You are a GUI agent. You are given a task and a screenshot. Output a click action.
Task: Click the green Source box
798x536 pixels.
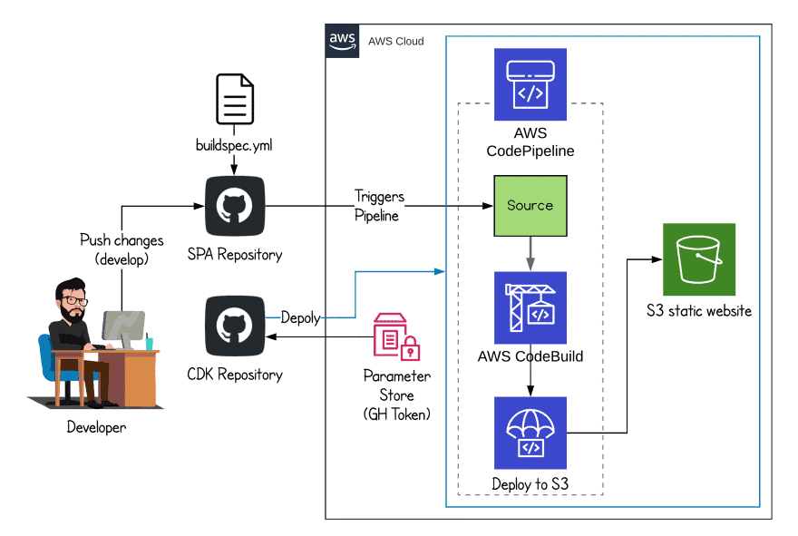tap(530, 206)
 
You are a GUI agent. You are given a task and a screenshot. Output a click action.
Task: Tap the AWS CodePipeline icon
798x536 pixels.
tap(530, 84)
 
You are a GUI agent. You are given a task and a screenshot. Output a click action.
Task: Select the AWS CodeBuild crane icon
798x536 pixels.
tap(530, 307)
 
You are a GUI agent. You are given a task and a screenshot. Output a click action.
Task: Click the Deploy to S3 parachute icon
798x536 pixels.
tap(530, 433)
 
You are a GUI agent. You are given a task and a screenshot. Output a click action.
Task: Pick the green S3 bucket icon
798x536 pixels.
tap(698, 259)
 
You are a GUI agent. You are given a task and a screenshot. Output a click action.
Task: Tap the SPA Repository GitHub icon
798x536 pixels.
tap(235, 207)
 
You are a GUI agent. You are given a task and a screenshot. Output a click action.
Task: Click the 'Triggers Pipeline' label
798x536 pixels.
tap(379, 207)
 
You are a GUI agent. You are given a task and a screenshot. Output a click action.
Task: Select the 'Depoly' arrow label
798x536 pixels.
tap(301, 317)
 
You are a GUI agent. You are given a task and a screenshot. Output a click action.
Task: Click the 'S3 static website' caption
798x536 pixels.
tap(698, 311)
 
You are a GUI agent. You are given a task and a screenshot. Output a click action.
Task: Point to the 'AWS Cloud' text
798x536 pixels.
tap(395, 42)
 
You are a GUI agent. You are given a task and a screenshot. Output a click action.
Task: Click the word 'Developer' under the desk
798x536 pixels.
tap(96, 427)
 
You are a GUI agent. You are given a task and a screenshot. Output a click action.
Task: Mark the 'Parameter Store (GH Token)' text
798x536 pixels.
tap(396, 395)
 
